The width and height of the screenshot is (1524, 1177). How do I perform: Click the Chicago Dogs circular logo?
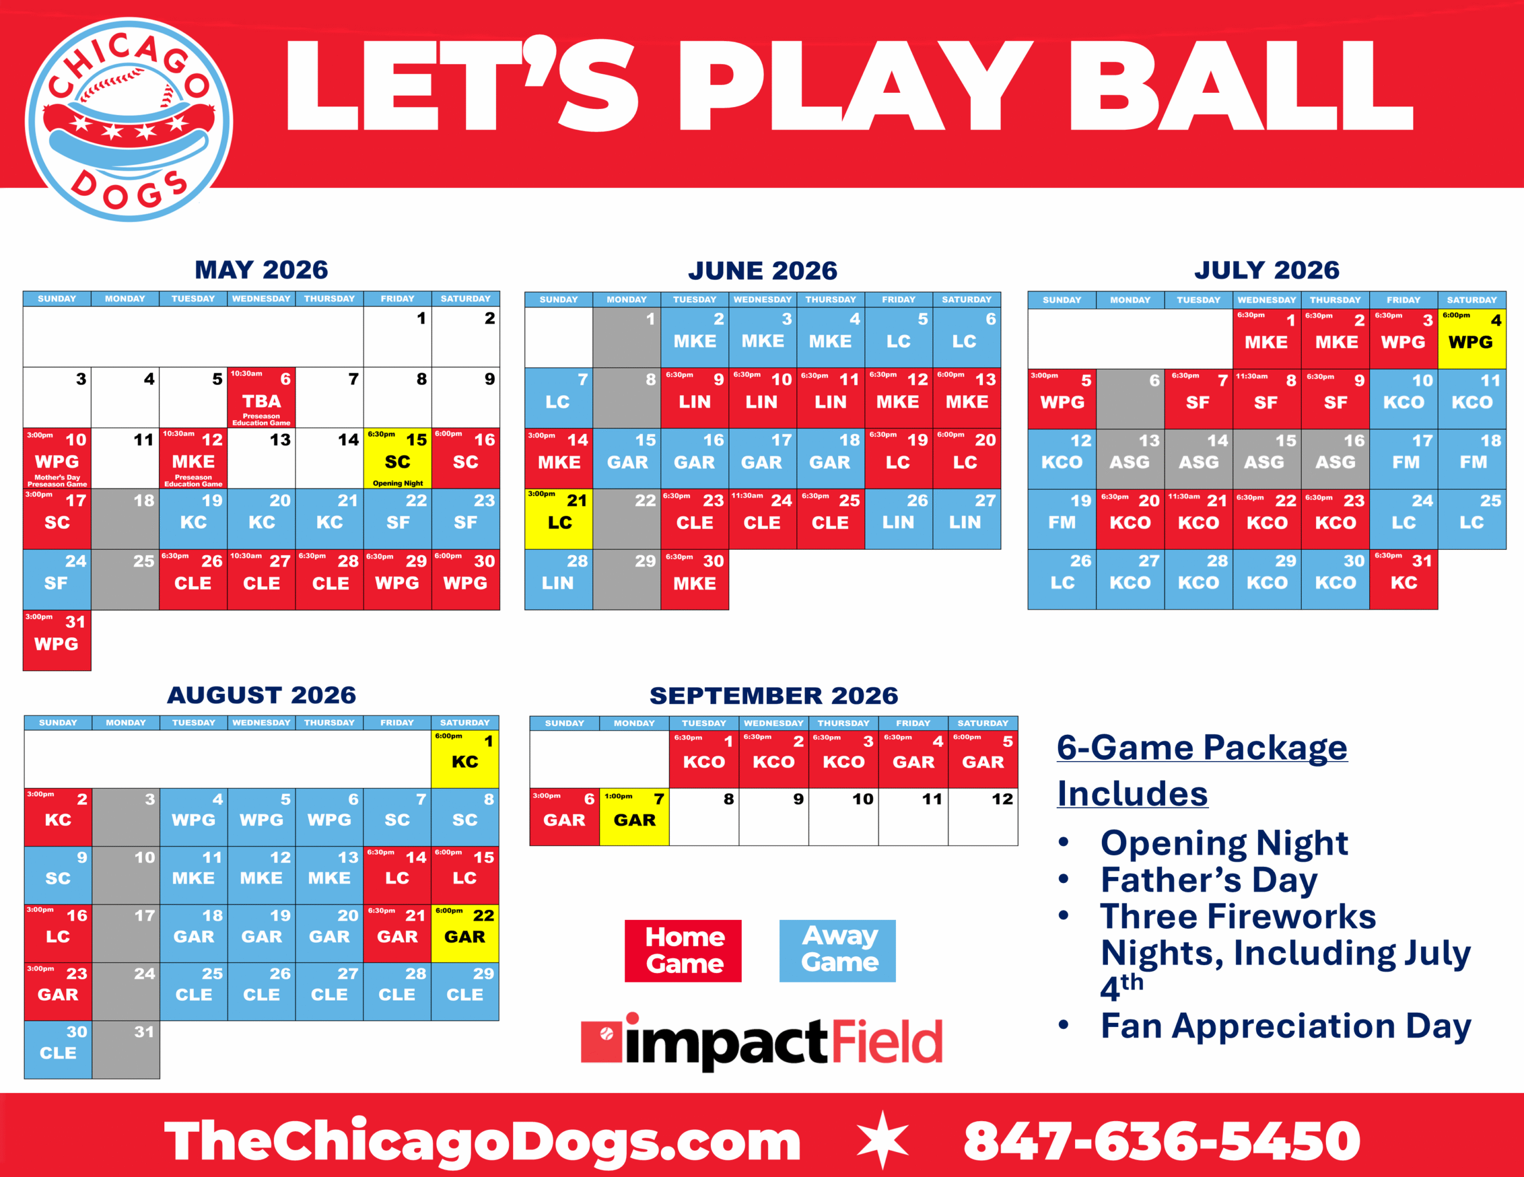pyautogui.click(x=129, y=119)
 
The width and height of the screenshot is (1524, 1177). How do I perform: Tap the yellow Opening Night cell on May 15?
pyautogui.click(x=398, y=458)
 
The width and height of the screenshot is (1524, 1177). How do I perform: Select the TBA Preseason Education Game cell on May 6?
pyautogui.click(x=262, y=397)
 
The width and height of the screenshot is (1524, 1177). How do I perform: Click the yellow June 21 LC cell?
pyautogui.click(x=559, y=519)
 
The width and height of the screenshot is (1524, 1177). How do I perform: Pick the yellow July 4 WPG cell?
pyautogui.click(x=1472, y=339)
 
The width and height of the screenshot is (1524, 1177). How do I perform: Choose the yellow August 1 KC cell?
pyautogui.click(x=465, y=759)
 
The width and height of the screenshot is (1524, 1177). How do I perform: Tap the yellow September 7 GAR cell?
pyautogui.click(x=634, y=817)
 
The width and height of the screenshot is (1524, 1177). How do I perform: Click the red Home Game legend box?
pyautogui.click(x=683, y=951)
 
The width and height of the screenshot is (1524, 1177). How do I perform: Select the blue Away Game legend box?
pyautogui.click(x=838, y=951)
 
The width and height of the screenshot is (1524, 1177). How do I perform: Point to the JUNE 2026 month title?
pyautogui.click(x=763, y=271)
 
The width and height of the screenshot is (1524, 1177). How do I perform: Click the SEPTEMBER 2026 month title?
pyautogui.click(x=774, y=696)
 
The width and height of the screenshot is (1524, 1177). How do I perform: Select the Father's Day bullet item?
pyautogui.click(x=1208, y=880)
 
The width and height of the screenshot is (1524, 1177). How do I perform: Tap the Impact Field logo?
pyautogui.click(x=762, y=1041)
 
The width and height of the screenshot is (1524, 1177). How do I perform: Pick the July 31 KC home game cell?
pyautogui.click(x=1403, y=580)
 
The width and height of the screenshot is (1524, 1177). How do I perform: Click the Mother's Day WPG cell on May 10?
pyautogui.click(x=57, y=458)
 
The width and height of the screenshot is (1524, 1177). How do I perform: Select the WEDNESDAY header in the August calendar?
pyautogui.click(x=261, y=723)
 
